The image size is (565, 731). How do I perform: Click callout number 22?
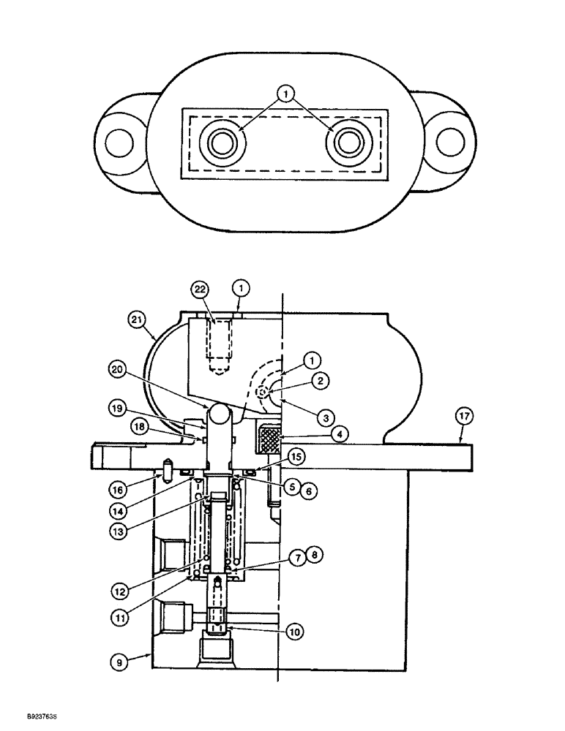(199, 289)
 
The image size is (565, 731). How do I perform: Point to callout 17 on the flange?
(463, 416)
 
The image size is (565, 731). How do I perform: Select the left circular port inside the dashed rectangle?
(220, 143)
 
